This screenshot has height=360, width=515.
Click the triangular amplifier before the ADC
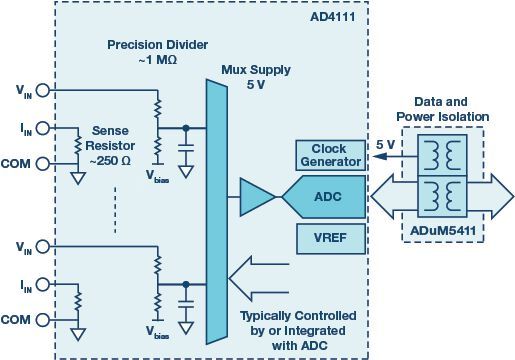[256, 197]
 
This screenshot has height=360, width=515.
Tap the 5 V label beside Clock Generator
[382, 142]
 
